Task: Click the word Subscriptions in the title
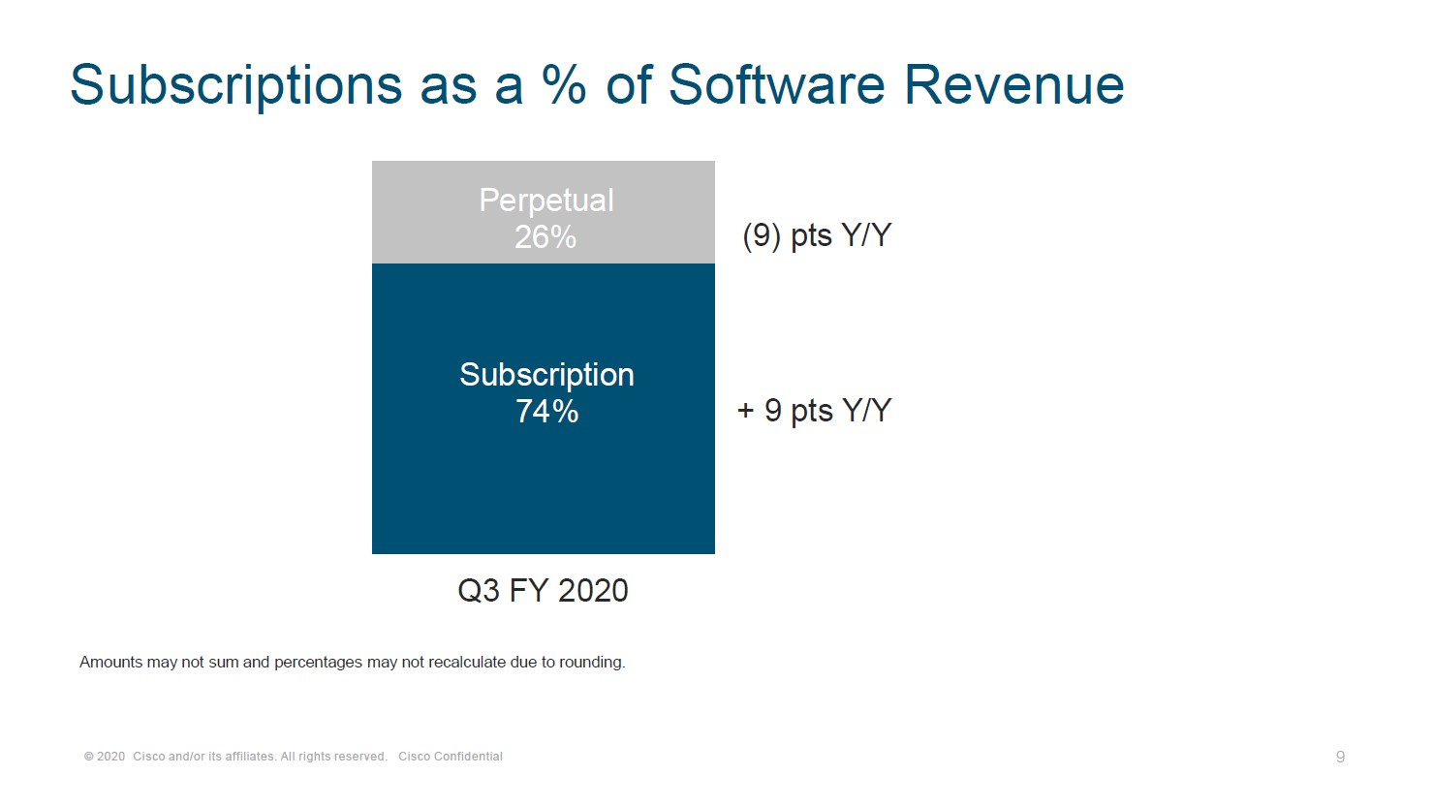pyautogui.click(x=235, y=84)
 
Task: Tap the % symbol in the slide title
pyautogui.click(x=564, y=84)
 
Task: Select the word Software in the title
pyautogui.click(x=776, y=84)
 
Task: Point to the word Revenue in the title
pyautogui.click(x=1013, y=84)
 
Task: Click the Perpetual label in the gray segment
pyautogui.click(x=546, y=201)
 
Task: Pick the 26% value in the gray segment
pyautogui.click(x=545, y=237)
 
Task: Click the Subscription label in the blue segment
pyautogui.click(x=546, y=375)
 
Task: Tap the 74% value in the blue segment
pyautogui.click(x=546, y=412)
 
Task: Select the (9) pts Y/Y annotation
pyautogui.click(x=817, y=235)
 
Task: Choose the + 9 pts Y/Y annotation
pyautogui.click(x=814, y=411)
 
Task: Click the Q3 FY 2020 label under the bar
pyautogui.click(x=543, y=590)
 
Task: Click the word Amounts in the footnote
pyautogui.click(x=110, y=663)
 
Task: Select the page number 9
pyautogui.click(x=1340, y=757)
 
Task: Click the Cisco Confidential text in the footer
pyautogui.click(x=451, y=757)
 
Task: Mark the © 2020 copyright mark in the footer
pyautogui.click(x=105, y=757)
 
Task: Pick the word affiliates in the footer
pyautogui.click(x=249, y=757)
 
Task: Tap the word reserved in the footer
pyautogui.click(x=361, y=757)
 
